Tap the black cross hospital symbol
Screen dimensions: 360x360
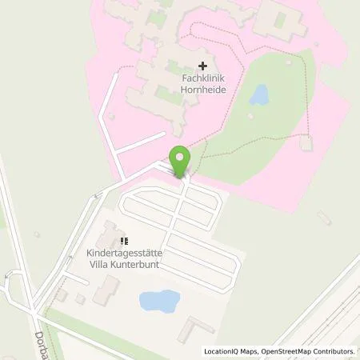pos(203,66)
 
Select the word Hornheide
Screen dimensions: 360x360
pos(203,90)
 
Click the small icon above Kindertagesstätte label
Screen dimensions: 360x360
pos(124,241)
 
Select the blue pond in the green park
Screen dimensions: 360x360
pos(258,96)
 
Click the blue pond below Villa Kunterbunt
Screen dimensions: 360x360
pos(159,301)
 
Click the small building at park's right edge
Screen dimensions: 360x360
pos(306,145)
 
